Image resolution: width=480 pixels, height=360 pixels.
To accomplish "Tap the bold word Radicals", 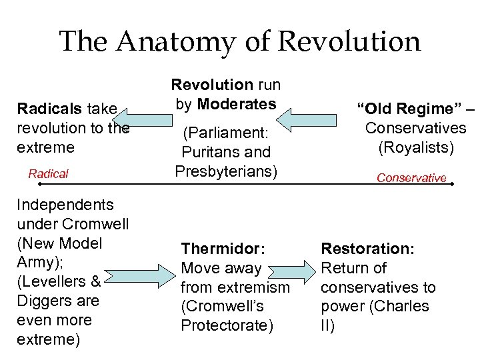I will tap(44, 109).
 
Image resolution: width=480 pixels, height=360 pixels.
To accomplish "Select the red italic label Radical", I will tap(48, 174).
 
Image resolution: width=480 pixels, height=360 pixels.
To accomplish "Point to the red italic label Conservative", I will tap(411, 178).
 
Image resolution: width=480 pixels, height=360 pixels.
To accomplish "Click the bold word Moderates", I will tap(237, 104).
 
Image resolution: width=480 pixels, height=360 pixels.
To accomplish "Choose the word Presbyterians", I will tap(226, 171).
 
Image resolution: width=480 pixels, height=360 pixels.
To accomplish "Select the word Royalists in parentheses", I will tap(416, 147).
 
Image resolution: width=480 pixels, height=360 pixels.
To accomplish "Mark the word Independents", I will tap(65, 205).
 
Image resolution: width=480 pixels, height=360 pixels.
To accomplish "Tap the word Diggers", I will tap(43, 301).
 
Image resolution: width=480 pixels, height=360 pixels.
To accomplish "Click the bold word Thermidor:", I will tap(223, 249).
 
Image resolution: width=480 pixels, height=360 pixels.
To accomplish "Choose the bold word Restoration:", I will tap(367, 249).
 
